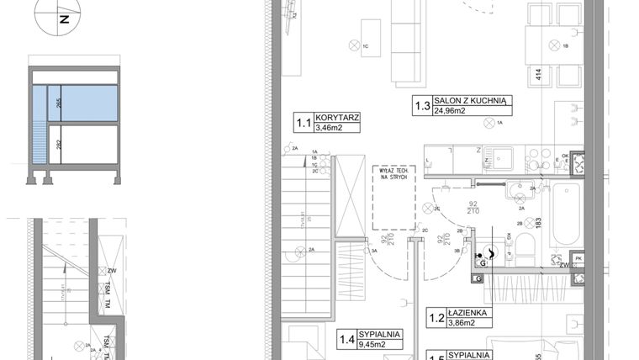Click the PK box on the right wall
577,258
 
